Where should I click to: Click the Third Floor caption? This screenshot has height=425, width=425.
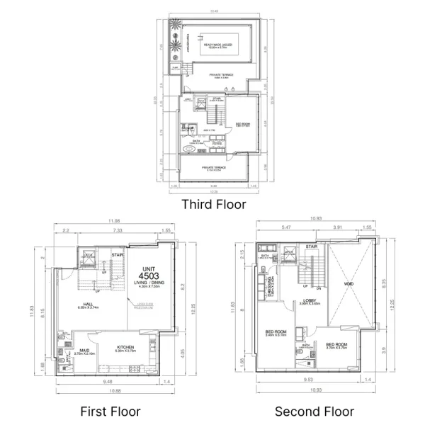tap(213, 205)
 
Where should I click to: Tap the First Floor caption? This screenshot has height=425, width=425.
tap(110, 412)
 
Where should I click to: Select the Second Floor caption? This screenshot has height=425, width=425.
tap(314, 412)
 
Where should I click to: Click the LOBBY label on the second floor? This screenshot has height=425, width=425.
tap(310, 301)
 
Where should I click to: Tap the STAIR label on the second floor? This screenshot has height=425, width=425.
tap(312, 247)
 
